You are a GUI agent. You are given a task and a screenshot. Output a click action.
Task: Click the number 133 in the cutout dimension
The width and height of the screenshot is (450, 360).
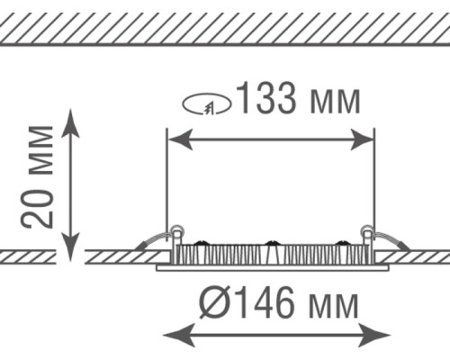tap(266, 98)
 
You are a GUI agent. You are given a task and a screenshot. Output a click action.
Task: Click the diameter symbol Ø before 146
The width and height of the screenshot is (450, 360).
tap(213, 301)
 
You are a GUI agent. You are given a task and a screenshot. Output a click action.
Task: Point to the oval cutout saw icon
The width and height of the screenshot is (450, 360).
tap(207, 104)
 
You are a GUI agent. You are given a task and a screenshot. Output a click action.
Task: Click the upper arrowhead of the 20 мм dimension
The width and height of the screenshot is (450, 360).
tap(70, 123)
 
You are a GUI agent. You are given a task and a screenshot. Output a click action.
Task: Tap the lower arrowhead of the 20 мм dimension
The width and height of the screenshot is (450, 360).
tap(70, 247)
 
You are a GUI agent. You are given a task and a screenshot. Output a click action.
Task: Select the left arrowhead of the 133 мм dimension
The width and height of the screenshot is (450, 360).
tap(181, 139)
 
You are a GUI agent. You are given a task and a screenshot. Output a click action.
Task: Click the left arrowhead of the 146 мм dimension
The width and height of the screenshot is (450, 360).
tap(178, 335)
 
